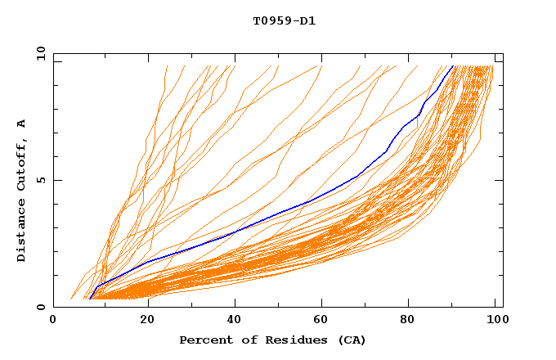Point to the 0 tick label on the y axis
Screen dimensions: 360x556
pos(41,307)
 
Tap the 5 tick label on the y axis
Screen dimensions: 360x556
pos(41,180)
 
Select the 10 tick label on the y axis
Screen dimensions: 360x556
pos(38,53)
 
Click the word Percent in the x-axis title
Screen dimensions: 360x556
pos(203,340)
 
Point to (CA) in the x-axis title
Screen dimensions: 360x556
pos(349,340)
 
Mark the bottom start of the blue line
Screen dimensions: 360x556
pos(89,299)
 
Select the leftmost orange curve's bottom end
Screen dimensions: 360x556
pos(71,299)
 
